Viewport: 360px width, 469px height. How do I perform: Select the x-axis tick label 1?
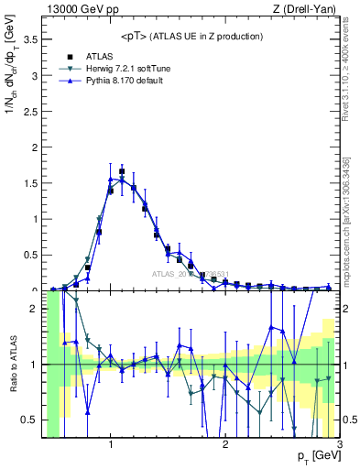pyautogui.click(x=110, y=445)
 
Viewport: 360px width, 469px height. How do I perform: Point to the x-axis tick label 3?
pyautogui.click(x=339, y=445)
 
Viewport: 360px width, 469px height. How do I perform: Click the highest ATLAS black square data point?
pyautogui.click(x=122, y=171)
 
